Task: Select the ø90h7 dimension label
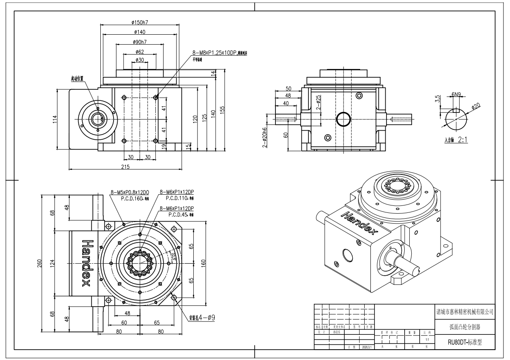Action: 140,42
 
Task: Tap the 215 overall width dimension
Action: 125,167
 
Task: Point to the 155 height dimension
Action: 223,110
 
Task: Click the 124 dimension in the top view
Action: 52,262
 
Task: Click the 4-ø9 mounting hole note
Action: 202,318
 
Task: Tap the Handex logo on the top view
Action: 86,263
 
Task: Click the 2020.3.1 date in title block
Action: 367,347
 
